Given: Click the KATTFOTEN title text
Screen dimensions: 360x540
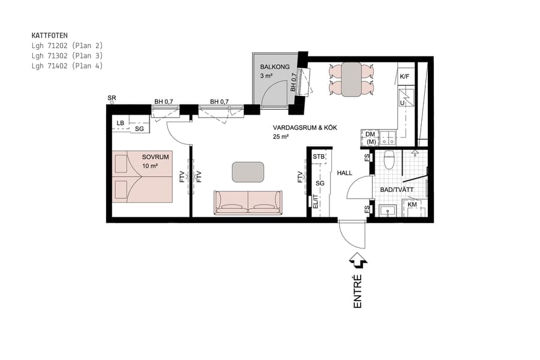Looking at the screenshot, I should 49,35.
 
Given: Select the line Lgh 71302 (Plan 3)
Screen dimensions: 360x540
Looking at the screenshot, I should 67,55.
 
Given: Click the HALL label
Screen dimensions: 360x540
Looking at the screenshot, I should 345,173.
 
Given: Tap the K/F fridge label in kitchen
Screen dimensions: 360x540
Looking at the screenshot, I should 404,76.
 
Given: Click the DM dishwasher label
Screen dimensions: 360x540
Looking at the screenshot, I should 370,134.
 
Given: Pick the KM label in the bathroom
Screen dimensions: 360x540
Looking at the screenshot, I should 412,205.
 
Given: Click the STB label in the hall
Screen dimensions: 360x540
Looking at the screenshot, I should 319,157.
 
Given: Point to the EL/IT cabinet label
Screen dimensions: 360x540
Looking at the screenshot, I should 315,202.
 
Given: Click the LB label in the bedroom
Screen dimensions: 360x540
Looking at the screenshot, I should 121,123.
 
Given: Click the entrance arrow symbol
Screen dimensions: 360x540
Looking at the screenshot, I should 358,260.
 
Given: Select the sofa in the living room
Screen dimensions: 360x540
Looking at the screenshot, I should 248,202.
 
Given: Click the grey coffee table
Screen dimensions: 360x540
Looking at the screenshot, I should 248,172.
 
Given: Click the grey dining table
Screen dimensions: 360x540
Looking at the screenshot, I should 351,79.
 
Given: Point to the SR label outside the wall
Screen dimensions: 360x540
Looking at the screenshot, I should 112,97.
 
